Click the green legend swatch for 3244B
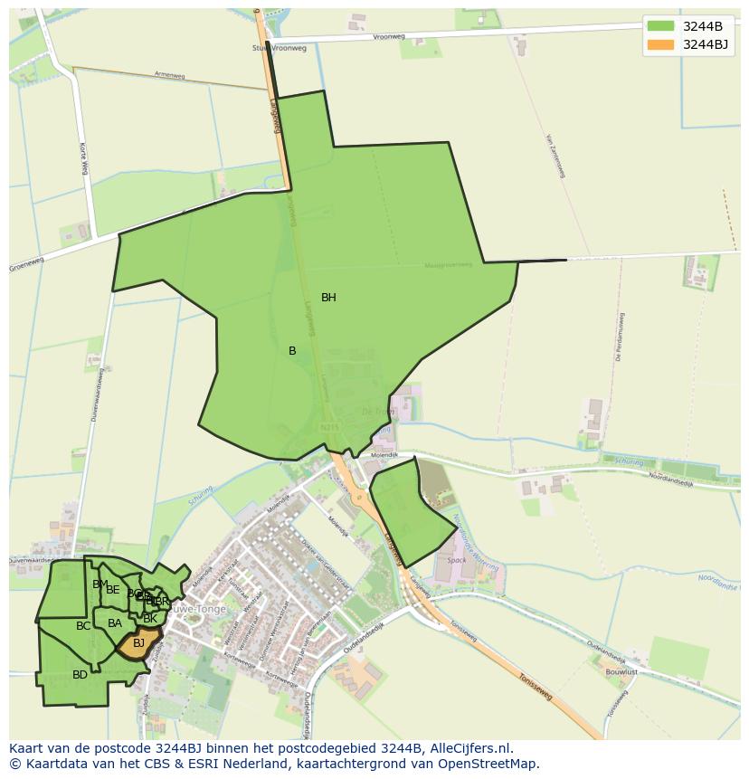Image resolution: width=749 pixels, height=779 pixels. click(660, 25)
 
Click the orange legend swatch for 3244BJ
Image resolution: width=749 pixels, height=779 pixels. click(660, 43)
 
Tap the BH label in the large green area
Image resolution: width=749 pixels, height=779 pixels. click(328, 298)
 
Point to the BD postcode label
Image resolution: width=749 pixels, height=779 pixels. click(81, 674)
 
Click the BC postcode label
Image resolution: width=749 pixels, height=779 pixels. click(83, 626)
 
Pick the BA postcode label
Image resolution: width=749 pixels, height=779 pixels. click(115, 623)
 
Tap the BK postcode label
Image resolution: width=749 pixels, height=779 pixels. click(150, 619)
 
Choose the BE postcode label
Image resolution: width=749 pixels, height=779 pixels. click(113, 590)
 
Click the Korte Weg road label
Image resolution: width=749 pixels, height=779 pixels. click(82, 158)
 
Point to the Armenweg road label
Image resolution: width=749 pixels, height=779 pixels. click(169, 76)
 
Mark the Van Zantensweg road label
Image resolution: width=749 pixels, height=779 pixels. click(555, 156)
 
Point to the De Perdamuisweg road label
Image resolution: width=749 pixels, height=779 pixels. click(621, 337)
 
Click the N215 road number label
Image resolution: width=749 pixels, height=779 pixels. click(328, 426)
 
